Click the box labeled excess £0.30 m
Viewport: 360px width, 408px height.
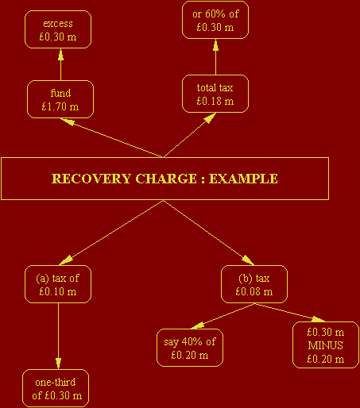(58, 29)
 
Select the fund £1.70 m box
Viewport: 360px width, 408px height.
(60, 99)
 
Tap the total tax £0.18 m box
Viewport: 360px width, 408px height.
(215, 94)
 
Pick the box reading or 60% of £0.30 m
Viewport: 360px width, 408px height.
(215, 20)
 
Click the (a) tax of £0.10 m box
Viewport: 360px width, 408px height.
(58, 284)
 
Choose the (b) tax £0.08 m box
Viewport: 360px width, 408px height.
(254, 284)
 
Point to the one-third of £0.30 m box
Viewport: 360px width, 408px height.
(56, 388)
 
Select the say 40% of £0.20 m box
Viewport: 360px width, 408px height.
(190, 348)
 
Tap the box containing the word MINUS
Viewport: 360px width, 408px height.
(326, 345)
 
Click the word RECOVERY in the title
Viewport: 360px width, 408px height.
(91, 179)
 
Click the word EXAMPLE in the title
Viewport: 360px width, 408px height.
(243, 179)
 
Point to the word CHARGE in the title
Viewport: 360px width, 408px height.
(166, 179)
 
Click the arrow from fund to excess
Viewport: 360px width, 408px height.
(60, 64)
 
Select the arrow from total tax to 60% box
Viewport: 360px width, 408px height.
(215, 57)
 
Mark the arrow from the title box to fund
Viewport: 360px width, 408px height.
(111, 137)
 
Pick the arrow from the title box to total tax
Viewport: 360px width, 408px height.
(190, 135)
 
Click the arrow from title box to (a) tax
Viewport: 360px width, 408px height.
(111, 233)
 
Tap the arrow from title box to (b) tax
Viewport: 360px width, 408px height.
(209, 233)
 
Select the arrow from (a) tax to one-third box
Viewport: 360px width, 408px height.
(58, 337)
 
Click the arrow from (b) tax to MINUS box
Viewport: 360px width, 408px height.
(290, 313)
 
